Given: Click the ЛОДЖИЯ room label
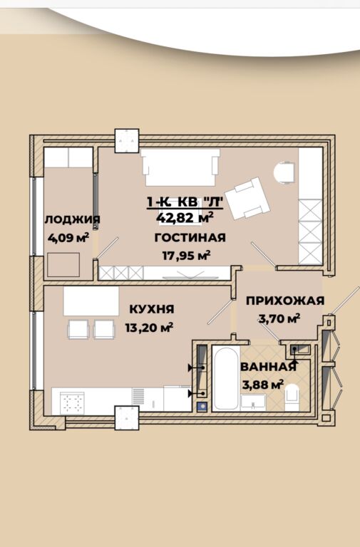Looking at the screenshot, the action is point(73,219).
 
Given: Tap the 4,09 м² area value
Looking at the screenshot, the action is point(68,238).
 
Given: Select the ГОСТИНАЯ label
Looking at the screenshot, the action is point(190,238).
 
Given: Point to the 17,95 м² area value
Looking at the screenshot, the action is point(187,256).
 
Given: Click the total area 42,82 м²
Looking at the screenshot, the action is point(185,218).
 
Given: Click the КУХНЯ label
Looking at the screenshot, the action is point(152,309).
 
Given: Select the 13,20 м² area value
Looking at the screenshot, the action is point(149,328).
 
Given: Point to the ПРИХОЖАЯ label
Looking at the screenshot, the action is point(285,301).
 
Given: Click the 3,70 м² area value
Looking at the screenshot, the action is point(279,318).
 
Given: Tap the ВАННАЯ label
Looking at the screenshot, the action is point(268,367).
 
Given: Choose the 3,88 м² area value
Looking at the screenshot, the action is point(262,385).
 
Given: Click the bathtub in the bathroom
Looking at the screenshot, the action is point(226,379).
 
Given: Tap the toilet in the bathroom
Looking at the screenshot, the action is point(292,397).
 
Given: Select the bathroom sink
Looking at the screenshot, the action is point(254,403).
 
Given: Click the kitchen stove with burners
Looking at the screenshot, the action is point(72,403).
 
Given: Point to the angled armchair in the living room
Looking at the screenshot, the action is point(247,199).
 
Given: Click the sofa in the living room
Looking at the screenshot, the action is point(180,167).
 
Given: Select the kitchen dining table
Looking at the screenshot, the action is point(91,302).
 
